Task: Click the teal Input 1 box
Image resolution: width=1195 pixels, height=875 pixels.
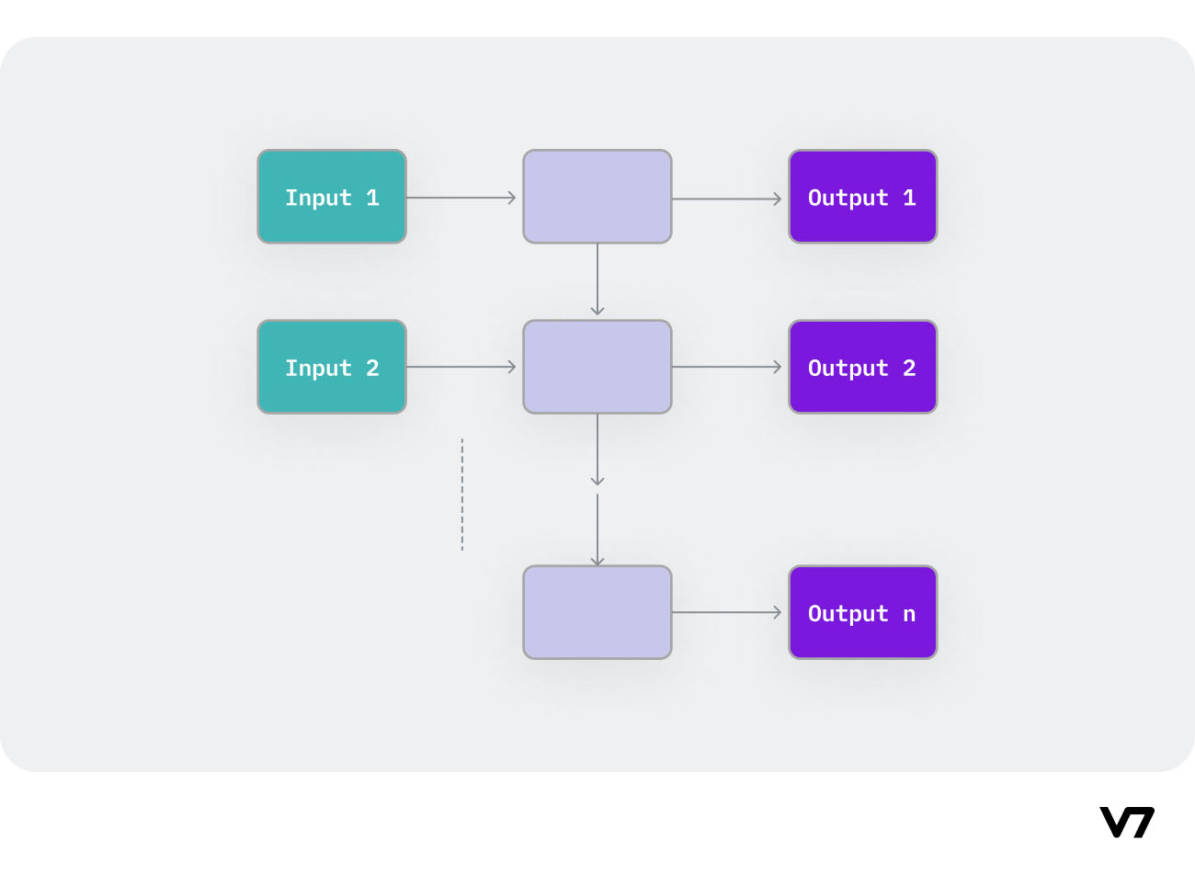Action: coord(331,197)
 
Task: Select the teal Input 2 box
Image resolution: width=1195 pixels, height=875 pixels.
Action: coord(331,367)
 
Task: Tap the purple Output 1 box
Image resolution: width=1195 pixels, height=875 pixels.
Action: coord(862,197)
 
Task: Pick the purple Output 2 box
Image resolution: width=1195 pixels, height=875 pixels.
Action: coord(862,367)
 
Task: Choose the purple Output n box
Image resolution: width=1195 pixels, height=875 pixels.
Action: coord(862,612)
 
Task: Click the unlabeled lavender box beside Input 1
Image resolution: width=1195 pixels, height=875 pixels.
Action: coord(597,197)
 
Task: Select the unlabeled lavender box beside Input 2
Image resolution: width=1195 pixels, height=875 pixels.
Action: coord(597,367)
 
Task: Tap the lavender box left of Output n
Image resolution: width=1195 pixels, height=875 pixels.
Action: coord(597,612)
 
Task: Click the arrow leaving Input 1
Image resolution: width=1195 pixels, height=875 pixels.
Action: coord(461,198)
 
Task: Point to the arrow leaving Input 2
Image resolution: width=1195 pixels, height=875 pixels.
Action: coord(461,367)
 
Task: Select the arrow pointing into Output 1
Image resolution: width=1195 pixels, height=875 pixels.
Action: coord(726,199)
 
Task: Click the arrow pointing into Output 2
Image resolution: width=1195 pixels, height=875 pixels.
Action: coord(726,367)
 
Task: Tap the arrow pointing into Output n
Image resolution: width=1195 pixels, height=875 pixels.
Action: coord(726,612)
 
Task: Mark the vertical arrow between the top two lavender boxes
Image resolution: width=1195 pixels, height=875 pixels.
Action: coord(597,279)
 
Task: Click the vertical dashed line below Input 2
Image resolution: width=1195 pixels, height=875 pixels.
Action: coord(462,494)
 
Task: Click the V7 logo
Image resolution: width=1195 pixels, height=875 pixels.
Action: coord(1127,822)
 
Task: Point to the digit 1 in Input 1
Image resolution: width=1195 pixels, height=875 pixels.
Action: coord(372,198)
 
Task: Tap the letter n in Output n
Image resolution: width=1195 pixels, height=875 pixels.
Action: coord(909,614)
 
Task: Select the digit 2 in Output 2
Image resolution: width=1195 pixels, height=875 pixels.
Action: coord(909,368)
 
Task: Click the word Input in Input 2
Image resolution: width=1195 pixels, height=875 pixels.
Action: coord(318,368)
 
